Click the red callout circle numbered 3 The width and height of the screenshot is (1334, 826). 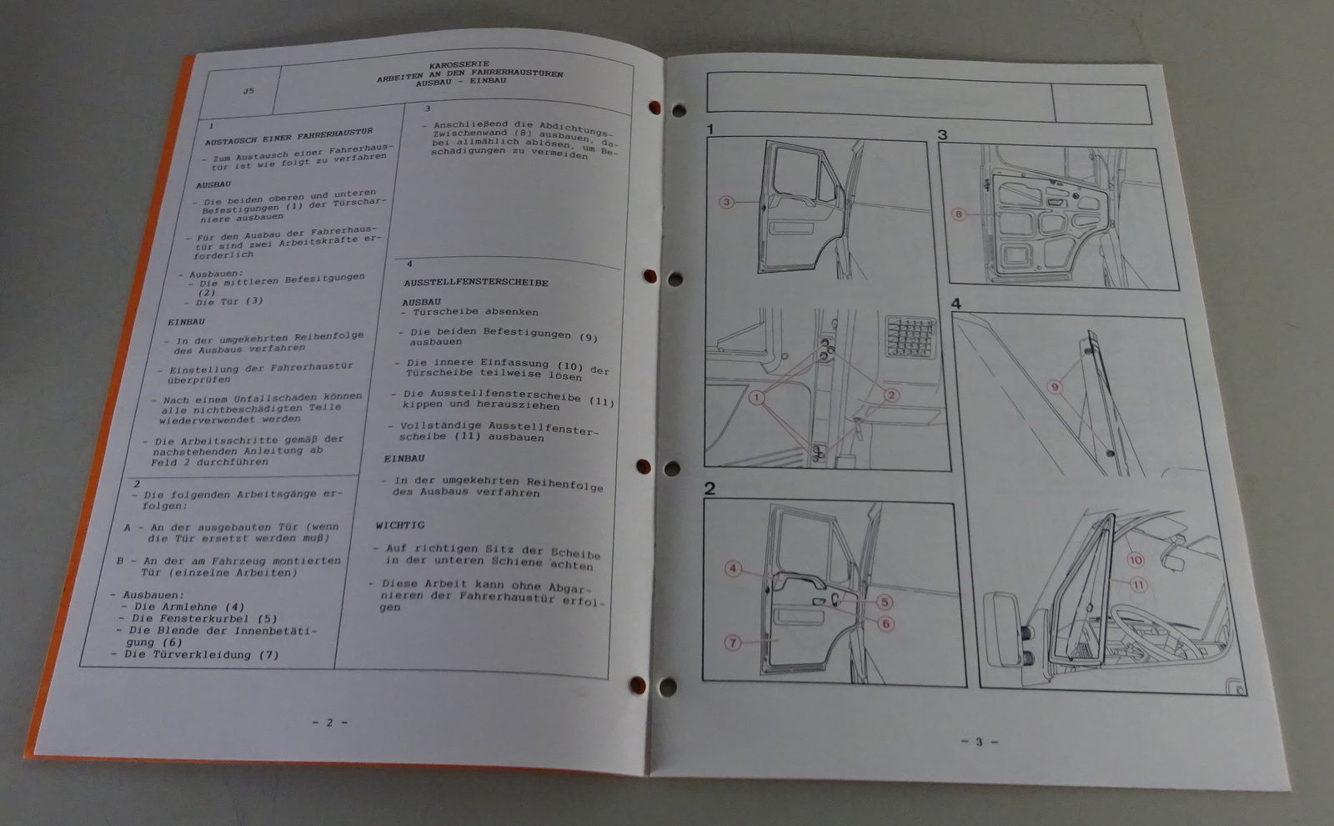[726, 203]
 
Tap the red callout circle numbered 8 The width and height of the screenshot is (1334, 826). [958, 214]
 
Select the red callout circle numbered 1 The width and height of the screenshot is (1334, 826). [756, 397]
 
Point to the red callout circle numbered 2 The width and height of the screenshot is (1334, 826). [891, 395]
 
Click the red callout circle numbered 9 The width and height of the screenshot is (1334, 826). [1055, 387]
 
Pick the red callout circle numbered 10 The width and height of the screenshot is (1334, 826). [1135, 560]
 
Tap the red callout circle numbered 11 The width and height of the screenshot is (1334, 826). [1138, 585]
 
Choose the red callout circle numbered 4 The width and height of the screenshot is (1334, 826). [733, 568]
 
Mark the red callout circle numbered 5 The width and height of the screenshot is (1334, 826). [885, 602]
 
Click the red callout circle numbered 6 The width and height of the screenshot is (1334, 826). [885, 624]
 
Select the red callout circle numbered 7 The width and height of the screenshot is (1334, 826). [733, 642]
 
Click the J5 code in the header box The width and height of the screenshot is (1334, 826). [248, 91]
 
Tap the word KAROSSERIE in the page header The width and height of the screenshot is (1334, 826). [459, 64]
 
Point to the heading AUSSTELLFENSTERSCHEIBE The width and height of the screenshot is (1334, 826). [476, 283]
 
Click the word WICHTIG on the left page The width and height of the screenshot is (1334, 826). [399, 525]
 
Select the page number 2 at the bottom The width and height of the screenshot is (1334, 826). [330, 723]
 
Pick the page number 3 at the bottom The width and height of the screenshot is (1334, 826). [979, 742]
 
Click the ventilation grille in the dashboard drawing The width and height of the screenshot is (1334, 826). [910, 337]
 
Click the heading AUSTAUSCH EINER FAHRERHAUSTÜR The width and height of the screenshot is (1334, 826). [288, 137]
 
